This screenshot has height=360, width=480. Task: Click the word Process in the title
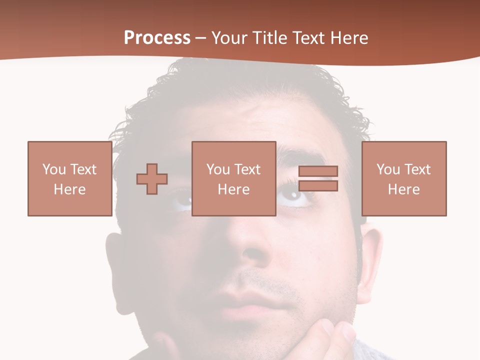(157, 38)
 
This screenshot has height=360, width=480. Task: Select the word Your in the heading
(229, 38)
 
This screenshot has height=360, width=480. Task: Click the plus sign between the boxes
(152, 179)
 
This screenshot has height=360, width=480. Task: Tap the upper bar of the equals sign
(318, 171)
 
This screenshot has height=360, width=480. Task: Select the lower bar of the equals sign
(318, 186)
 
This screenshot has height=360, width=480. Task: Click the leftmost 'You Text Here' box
(69, 178)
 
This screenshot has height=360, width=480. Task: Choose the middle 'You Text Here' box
(233, 178)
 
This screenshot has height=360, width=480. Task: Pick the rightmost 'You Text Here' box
(403, 178)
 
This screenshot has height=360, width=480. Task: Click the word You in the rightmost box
(388, 169)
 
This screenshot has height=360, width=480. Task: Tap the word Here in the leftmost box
(69, 189)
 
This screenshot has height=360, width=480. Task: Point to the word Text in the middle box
(248, 169)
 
